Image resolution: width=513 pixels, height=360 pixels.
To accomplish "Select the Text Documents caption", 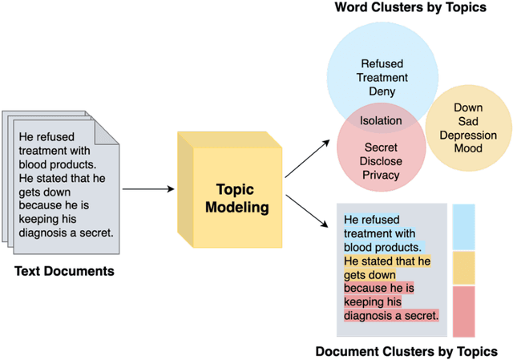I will pos(64,271).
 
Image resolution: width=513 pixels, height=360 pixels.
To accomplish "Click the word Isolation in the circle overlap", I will pos(381,121).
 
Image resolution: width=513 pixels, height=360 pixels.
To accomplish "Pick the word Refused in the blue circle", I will pos(382,63).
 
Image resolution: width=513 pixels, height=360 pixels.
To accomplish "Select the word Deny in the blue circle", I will pos(382,91).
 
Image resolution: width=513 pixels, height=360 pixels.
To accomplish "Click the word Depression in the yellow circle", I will pos(468,135).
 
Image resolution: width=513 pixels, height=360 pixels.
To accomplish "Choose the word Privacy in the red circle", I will pos(382,175).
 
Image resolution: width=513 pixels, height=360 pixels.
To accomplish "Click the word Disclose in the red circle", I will pos(382,161).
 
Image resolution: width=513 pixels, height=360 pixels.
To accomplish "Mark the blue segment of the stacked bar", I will pos(464,226).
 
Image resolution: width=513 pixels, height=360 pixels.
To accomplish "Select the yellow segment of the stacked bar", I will pos(464,268).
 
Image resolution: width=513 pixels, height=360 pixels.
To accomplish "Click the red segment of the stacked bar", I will pos(464,311).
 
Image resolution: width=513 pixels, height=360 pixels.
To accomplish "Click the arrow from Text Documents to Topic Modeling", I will pos(147,189).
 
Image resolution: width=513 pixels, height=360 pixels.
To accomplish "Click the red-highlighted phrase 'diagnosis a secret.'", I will pos(390,315).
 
